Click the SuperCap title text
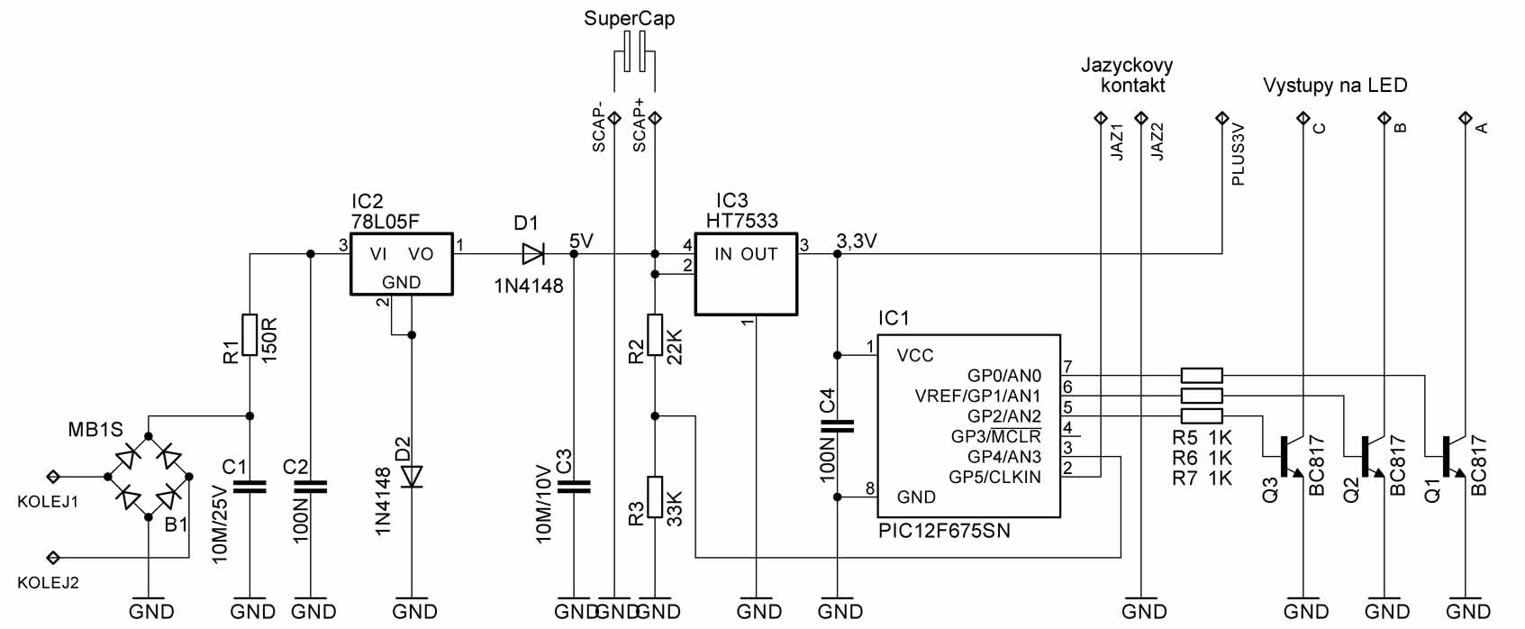pyautogui.click(x=629, y=18)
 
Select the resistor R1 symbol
pyautogui.click(x=250, y=335)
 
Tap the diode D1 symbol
pyautogui.click(x=533, y=254)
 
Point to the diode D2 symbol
pyautogui.click(x=412, y=477)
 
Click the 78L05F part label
pyautogui.click(x=386, y=222)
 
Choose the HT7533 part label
pyautogui.click(x=741, y=221)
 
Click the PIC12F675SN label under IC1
pyautogui.click(x=944, y=530)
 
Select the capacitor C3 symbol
pyautogui.click(x=573, y=487)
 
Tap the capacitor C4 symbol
pyautogui.click(x=838, y=426)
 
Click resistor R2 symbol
pyautogui.click(x=655, y=335)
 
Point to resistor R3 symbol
pyautogui.click(x=655, y=497)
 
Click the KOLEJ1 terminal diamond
pyautogui.click(x=53, y=477)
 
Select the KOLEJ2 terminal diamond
pyautogui.click(x=53, y=558)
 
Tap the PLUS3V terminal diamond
pyautogui.click(x=1221, y=118)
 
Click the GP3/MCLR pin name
pyautogui.click(x=996, y=436)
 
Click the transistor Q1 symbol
pyautogui.click(x=1448, y=456)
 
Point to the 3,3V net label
pyautogui.click(x=857, y=241)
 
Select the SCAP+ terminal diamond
pyautogui.click(x=655, y=118)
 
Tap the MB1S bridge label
pyautogui.click(x=96, y=430)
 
